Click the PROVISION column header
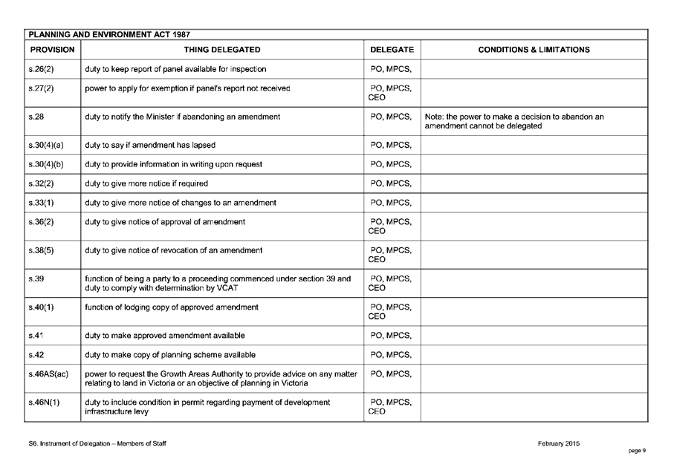pos(52,50)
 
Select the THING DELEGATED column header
pos(222,50)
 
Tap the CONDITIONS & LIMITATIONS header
pos(534,50)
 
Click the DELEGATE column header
pos(392,50)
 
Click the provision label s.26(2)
pos(39,70)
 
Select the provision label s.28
pos(32,117)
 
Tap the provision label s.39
pos(32,279)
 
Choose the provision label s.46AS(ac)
pos(47,374)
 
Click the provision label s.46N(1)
pos(42,402)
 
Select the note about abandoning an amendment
pos(514,121)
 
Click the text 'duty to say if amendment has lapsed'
pos(150,145)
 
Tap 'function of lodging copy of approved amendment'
pos(172,307)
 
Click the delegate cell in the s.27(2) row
pos(391,93)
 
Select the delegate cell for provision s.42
pos(391,354)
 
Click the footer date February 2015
pos(559,444)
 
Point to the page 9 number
pos(637,450)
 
